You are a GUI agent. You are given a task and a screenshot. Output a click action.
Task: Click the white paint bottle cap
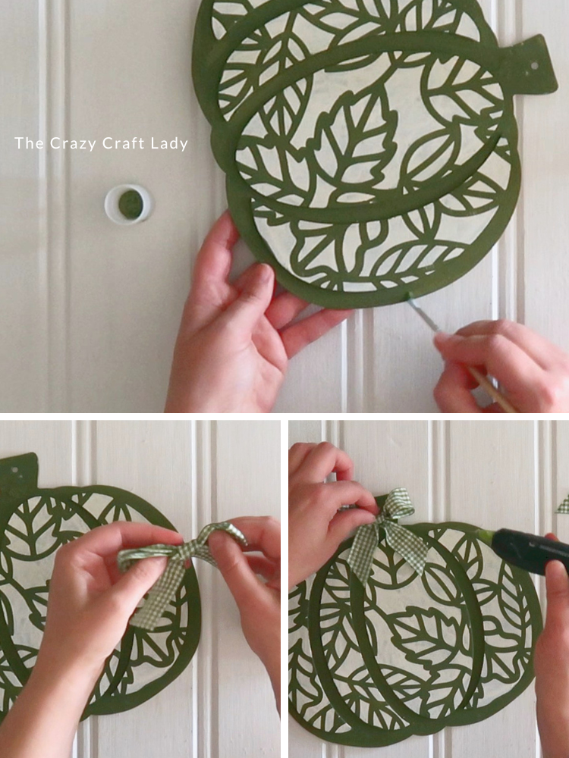coord(129,204)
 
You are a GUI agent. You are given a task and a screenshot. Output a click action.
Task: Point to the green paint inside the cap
coord(130,204)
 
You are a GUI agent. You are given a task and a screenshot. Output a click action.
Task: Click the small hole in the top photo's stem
coord(534,65)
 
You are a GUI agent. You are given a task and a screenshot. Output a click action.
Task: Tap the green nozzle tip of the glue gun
coord(486,536)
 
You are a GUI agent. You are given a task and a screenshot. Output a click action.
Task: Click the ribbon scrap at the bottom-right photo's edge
coord(563,504)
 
